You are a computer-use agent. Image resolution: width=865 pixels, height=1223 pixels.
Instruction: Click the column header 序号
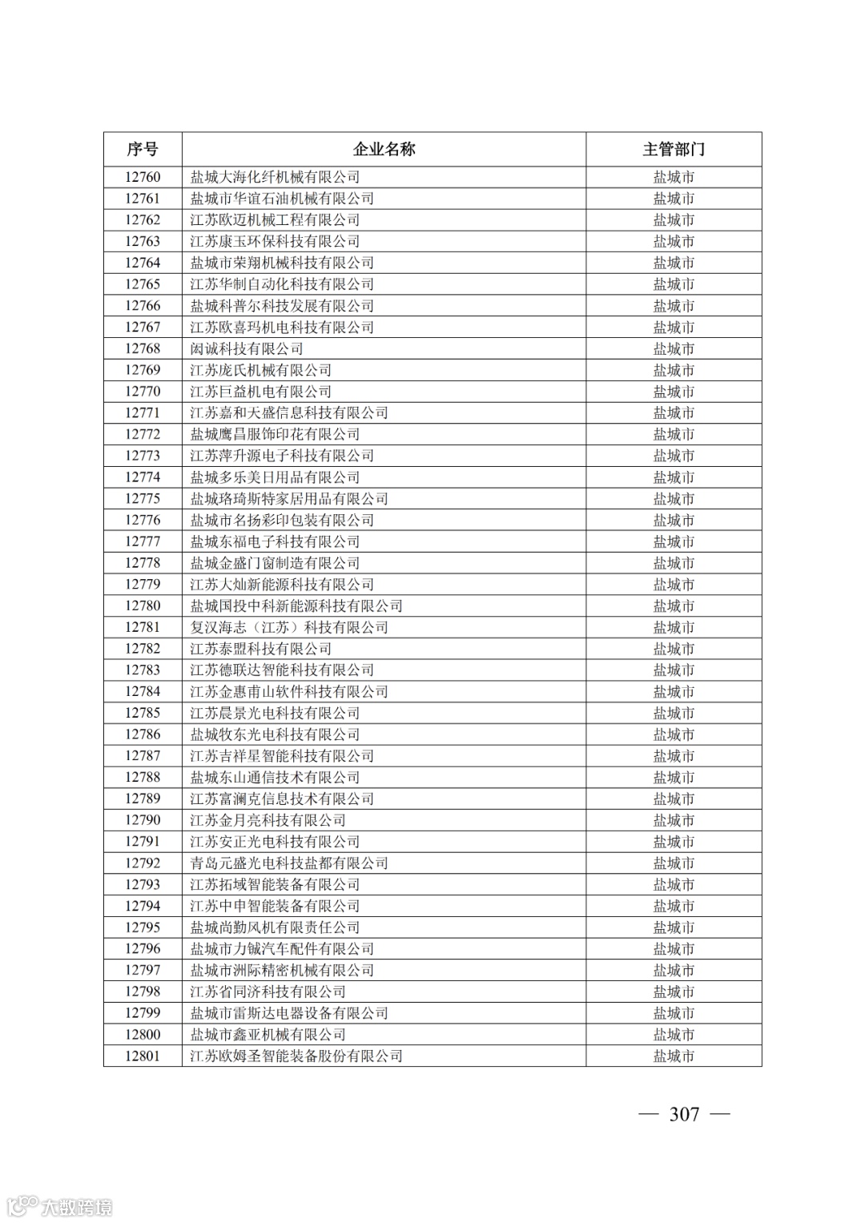click(143, 150)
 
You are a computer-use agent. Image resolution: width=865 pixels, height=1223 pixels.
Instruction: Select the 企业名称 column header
click(384, 150)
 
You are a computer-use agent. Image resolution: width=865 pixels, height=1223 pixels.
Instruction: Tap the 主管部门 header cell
click(674, 150)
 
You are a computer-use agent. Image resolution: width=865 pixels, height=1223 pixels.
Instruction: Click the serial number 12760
click(143, 177)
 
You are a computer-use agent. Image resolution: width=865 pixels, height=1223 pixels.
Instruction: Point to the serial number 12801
click(143, 1056)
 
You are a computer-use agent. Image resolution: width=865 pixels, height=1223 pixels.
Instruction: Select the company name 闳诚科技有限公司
click(247, 348)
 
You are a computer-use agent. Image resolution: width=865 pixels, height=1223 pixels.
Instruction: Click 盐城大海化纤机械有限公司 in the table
click(275, 177)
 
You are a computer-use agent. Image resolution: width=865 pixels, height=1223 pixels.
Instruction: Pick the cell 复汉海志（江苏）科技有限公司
click(289, 627)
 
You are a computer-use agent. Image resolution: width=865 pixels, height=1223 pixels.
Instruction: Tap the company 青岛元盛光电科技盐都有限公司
click(289, 863)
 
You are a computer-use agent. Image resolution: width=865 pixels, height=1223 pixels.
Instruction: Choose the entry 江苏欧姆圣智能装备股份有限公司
click(296, 1056)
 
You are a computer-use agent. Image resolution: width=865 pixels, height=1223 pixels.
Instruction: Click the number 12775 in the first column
click(143, 498)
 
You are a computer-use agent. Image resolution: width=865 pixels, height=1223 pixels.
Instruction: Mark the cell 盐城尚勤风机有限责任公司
click(275, 927)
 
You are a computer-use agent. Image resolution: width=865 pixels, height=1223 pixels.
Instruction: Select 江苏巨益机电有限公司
click(261, 392)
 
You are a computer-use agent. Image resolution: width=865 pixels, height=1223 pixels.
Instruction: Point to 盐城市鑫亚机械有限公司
click(268, 1034)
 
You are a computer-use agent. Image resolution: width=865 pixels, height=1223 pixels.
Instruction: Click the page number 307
click(684, 1114)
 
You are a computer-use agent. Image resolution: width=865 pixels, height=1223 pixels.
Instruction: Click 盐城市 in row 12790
click(674, 820)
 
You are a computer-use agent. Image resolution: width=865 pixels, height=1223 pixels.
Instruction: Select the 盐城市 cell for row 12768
click(674, 348)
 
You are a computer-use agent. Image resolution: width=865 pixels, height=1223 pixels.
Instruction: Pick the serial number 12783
click(143, 670)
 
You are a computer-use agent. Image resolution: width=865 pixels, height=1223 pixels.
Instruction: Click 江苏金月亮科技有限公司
click(268, 820)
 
